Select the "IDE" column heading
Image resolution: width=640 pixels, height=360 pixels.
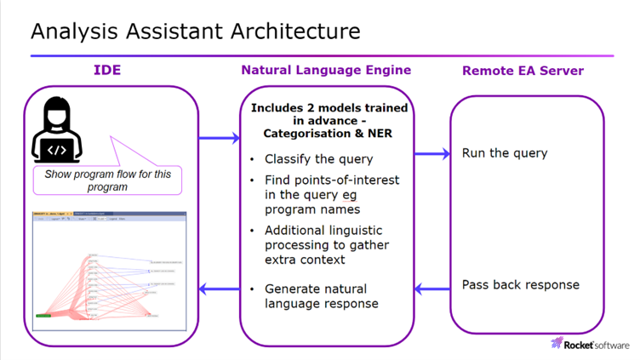[107, 70]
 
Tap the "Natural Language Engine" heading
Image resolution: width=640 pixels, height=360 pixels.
[325, 70]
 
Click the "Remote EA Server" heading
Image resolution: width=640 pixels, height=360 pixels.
[523, 71]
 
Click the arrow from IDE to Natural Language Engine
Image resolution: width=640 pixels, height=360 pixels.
[220, 138]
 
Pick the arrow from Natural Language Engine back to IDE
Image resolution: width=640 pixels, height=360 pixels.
[220, 289]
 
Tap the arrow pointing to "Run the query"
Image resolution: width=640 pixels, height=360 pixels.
[431, 154]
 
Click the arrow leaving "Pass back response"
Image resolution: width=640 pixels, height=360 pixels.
[431, 289]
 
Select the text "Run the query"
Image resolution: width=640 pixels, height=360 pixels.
[505, 154]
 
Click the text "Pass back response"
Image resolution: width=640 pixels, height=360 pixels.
[520, 284]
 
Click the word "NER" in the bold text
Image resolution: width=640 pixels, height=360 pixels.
[379, 134]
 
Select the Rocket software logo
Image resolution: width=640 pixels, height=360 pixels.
[591, 344]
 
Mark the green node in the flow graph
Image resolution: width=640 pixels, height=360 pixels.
[43, 316]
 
